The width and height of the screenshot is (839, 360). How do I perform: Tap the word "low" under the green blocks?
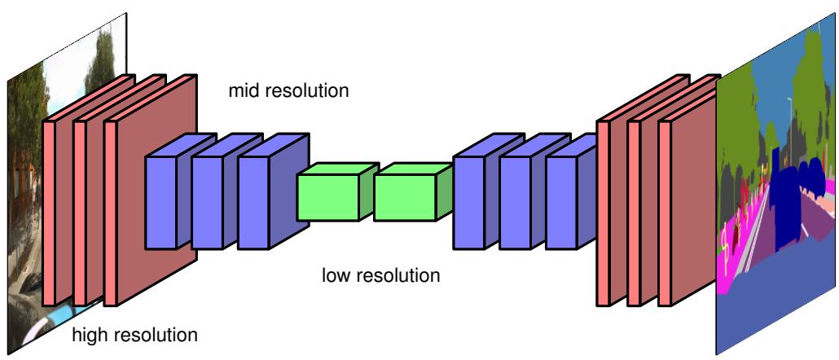click(x=335, y=275)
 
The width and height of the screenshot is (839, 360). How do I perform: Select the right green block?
click(x=405, y=195)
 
